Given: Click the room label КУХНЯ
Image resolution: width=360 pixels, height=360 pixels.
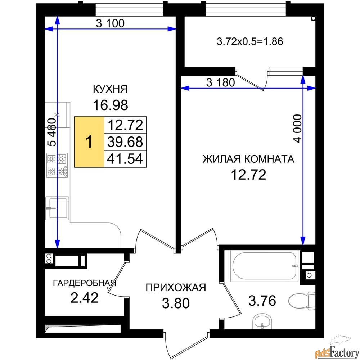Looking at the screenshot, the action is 110,89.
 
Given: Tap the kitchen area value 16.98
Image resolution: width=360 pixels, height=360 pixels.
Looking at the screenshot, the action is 110,105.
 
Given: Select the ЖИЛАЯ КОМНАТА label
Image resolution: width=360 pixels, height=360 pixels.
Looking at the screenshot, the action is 248,159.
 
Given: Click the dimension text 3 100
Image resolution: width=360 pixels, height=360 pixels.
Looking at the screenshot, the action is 110,23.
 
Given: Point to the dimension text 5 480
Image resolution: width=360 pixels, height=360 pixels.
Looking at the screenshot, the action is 52,132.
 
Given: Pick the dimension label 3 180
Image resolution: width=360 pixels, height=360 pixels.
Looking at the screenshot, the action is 220,83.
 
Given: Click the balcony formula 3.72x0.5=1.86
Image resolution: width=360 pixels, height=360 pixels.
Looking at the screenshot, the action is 250,41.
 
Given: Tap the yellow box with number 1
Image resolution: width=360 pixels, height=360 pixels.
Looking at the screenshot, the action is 89,142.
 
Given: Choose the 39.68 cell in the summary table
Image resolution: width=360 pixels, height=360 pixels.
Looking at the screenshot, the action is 125,142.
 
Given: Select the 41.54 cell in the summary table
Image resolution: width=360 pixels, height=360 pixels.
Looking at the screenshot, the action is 125,159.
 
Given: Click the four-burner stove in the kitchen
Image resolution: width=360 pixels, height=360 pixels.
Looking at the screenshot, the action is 57,165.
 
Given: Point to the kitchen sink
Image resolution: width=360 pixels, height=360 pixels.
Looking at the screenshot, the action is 57,208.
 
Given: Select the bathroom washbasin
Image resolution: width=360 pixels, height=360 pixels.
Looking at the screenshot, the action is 262,322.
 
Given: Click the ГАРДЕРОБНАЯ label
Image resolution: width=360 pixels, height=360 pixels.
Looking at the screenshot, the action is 85,283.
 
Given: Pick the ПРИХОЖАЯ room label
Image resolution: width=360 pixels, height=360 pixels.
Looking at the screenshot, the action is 176,287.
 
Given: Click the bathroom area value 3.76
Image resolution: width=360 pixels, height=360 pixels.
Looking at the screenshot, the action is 262,301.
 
